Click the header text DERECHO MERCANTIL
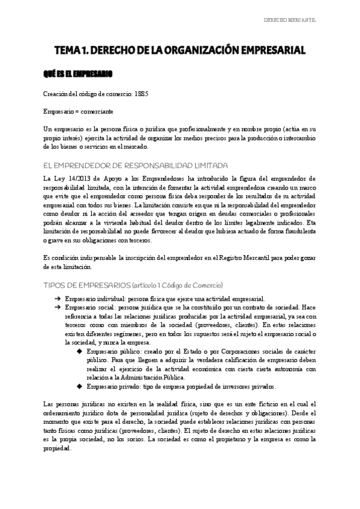tap(290, 20)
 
